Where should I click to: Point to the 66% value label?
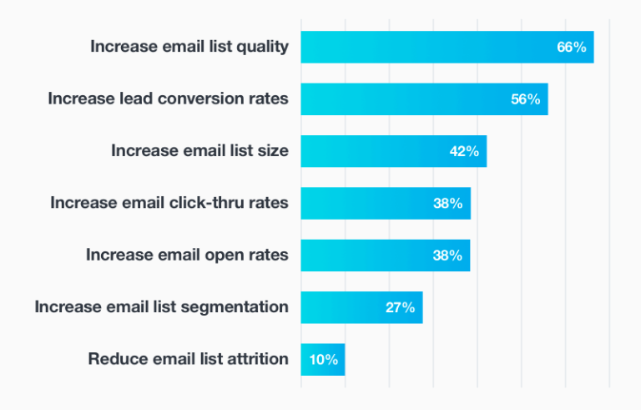(x=572, y=48)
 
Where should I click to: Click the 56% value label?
(x=526, y=99)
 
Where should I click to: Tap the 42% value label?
(x=464, y=151)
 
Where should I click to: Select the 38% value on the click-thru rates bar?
(x=448, y=203)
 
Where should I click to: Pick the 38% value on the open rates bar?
(x=447, y=256)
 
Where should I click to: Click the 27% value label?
(x=400, y=307)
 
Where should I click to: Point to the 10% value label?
(x=323, y=360)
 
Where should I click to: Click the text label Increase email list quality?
(x=189, y=47)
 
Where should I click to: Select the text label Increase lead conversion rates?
(x=168, y=99)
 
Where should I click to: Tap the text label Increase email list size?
(x=199, y=151)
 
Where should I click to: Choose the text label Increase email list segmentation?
(x=161, y=307)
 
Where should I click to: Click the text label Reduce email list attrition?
(x=188, y=360)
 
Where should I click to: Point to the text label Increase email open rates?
(x=187, y=256)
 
